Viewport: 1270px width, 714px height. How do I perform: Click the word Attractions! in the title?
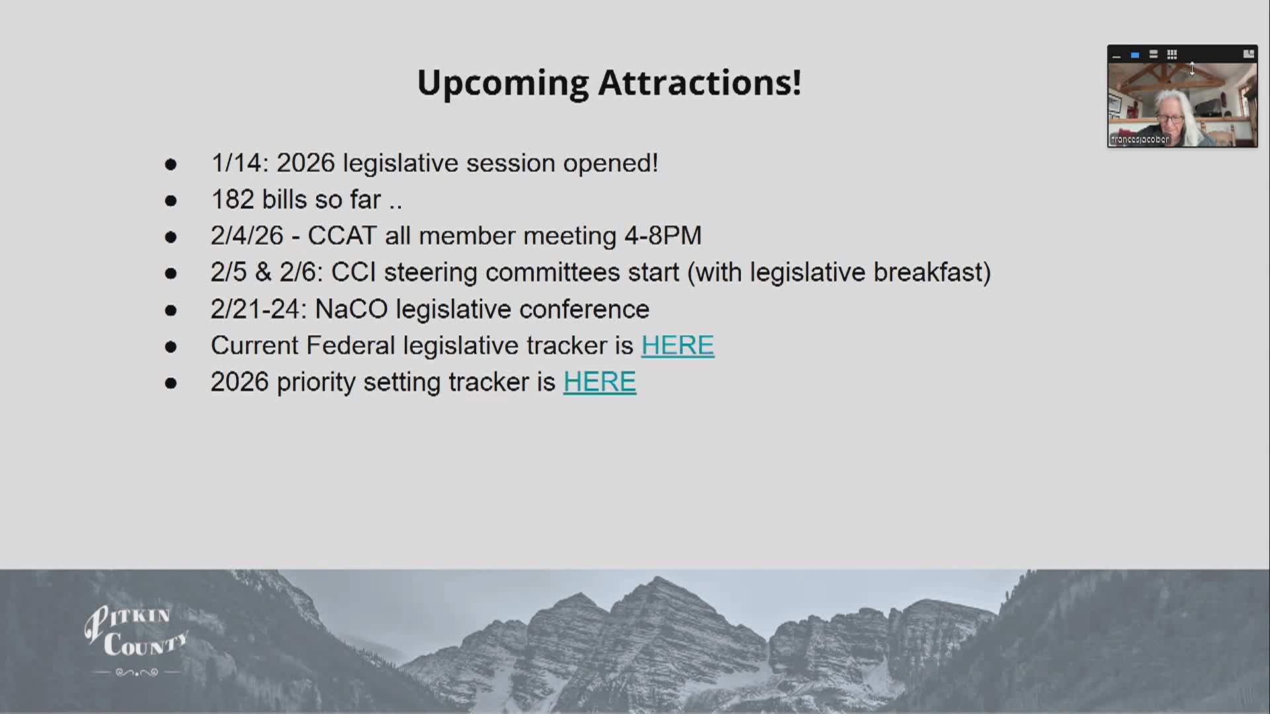coord(700,83)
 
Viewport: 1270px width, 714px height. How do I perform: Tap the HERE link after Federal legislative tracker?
coord(677,345)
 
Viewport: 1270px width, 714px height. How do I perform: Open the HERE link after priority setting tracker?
coord(599,382)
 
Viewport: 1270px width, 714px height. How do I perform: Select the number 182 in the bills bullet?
coord(232,200)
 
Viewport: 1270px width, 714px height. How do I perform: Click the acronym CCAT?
coord(342,236)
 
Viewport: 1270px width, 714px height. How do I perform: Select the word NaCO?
coord(351,309)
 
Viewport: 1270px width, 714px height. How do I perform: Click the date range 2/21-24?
coord(255,309)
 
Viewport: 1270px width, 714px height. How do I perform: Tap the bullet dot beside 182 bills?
coord(171,200)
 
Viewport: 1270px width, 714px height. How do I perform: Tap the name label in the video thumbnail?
coord(1140,139)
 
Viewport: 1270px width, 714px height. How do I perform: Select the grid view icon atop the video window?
coord(1171,54)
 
